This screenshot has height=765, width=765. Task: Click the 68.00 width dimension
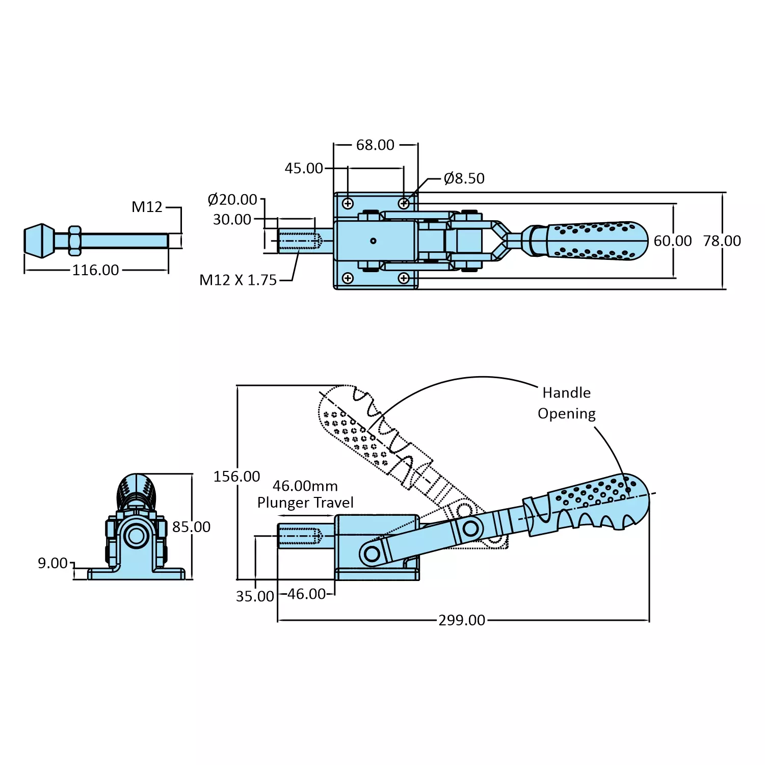tap(375, 145)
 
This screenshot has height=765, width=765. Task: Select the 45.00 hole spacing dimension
tap(304, 168)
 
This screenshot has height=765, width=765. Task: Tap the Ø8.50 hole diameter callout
tap(464, 178)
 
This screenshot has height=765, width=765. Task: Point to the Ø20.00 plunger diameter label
tap(232, 199)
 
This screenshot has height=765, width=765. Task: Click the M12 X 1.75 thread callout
tap(238, 280)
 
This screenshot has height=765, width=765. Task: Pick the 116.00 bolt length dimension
tap(95, 270)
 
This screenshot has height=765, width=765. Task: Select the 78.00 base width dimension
tap(722, 241)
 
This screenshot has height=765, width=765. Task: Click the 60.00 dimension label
tap(673, 241)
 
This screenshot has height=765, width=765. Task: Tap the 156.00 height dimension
tap(236, 477)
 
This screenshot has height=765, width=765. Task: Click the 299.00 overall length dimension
tap(462, 620)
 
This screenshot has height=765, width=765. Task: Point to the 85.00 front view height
tap(191, 527)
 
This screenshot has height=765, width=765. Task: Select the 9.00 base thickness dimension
tap(52, 563)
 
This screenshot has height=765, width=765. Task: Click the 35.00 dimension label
tap(255, 596)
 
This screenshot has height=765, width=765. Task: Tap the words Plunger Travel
tap(305, 503)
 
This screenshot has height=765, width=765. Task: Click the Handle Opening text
tap(566, 403)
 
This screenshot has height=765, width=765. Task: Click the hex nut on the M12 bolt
tap(74, 241)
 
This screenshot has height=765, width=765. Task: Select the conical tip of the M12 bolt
tap(40, 241)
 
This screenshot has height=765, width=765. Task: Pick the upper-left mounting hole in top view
tap(348, 204)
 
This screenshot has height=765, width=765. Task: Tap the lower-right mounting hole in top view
tap(404, 278)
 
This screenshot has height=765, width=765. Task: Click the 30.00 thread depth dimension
tap(232, 220)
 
